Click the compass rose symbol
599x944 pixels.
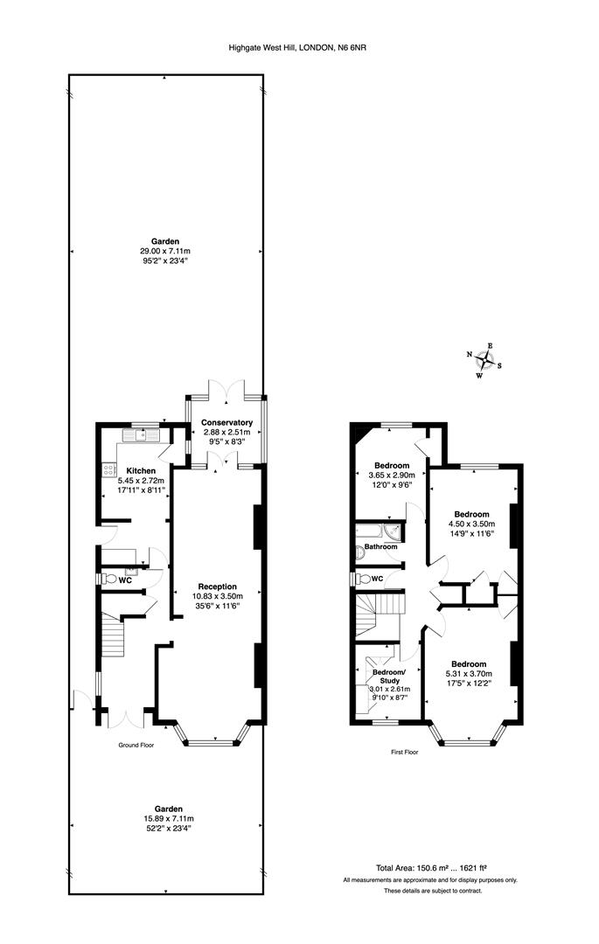click(484, 360)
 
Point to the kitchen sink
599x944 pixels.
click(140, 434)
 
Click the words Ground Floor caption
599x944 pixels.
click(136, 746)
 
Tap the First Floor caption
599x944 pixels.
click(404, 752)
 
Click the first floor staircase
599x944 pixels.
click(378, 615)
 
